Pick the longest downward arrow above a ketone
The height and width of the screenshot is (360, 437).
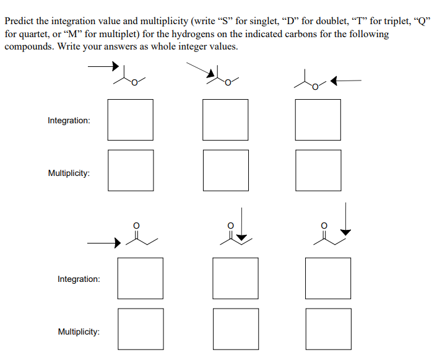pos(346,218)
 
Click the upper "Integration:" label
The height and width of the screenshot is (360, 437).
pos(69,120)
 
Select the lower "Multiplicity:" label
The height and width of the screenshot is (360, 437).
pos(79,332)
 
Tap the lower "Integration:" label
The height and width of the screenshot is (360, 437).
pos(79,279)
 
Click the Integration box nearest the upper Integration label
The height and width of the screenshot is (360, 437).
pos(131,120)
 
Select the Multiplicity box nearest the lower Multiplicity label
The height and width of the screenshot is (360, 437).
pos(141,329)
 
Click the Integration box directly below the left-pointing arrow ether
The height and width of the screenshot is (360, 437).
pos(318,120)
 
